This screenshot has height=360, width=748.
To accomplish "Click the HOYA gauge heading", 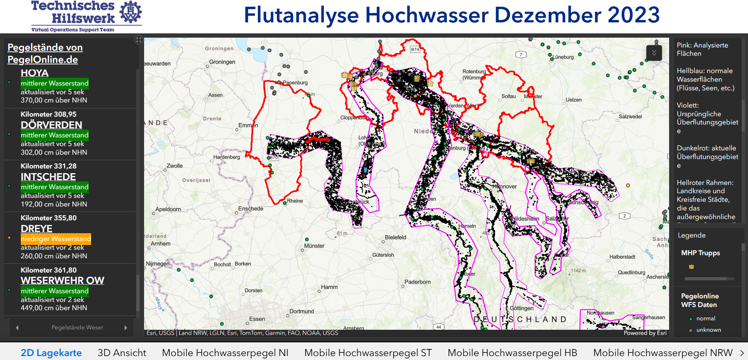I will (x=35, y=73).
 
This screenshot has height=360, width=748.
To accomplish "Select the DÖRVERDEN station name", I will (x=51, y=125).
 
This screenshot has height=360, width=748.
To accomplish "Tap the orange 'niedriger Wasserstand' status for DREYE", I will (x=56, y=239).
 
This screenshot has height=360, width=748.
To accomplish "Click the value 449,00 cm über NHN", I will (x=54, y=308).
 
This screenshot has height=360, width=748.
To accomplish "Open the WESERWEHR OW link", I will (x=62, y=280).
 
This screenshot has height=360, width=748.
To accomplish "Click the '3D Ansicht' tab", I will (x=122, y=353).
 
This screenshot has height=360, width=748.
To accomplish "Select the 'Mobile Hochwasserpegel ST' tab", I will (x=368, y=353).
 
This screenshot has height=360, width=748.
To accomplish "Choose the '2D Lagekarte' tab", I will (x=51, y=353).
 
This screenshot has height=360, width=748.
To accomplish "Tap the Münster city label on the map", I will (x=315, y=246).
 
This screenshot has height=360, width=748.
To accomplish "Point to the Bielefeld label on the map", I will (x=395, y=237).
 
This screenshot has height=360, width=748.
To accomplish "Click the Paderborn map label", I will (x=418, y=282).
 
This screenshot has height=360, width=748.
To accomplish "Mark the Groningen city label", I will (x=222, y=62).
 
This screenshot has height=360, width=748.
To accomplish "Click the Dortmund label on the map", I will (x=302, y=311).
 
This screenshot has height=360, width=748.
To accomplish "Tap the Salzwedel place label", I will (x=630, y=117).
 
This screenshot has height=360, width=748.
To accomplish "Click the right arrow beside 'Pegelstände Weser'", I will (x=126, y=327).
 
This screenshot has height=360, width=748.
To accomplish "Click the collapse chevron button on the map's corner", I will (x=654, y=53).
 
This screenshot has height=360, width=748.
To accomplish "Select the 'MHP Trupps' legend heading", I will (x=700, y=253).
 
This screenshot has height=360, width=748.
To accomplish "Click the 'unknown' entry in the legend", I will (x=708, y=330).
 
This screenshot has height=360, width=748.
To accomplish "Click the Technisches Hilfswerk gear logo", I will (x=130, y=12).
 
